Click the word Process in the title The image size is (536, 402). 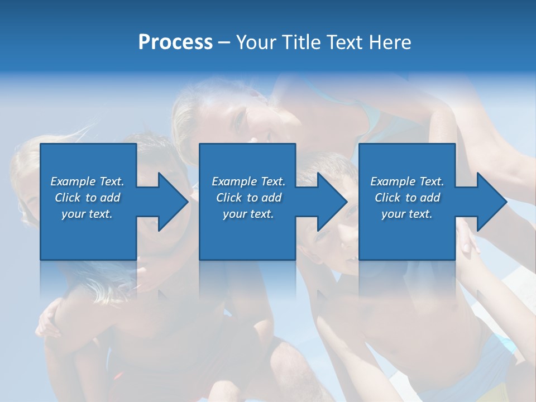tap(175, 42)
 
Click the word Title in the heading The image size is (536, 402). tap(299, 42)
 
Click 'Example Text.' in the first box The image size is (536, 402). tap(87, 181)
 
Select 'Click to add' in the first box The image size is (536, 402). tap(87, 198)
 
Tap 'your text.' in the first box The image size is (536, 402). tap(87, 214)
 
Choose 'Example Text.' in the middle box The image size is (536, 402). tap(248, 181)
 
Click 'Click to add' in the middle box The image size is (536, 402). tap(248, 198)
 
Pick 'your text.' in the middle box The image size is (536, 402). tap(248, 214)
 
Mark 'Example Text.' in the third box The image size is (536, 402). tap(407, 181)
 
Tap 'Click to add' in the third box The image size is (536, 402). tap(407, 198)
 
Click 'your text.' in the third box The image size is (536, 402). tap(407, 214)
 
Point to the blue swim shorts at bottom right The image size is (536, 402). tap(491, 363)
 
